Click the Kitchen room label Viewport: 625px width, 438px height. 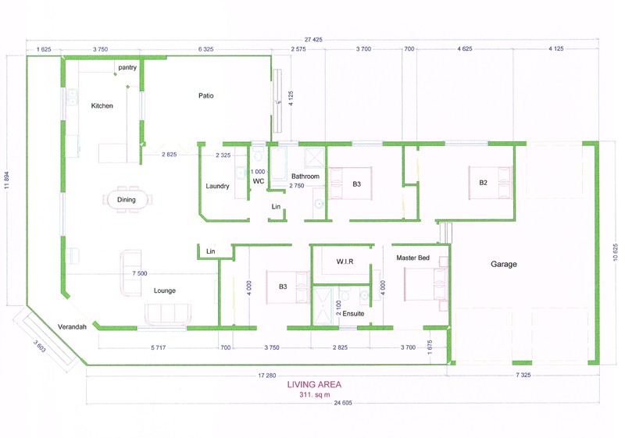(102, 105)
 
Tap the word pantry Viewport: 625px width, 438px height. (127, 68)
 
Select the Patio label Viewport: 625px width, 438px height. (206, 95)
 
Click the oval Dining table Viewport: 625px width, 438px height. (127, 200)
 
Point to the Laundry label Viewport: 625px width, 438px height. (217, 186)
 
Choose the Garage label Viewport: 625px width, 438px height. (504, 264)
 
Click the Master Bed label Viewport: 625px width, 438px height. (413, 258)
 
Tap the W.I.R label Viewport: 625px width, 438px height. (345, 262)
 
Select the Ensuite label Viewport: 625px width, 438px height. (353, 314)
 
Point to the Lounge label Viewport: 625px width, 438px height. (165, 290)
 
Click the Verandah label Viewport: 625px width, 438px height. (72, 327)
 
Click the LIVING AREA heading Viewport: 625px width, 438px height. (314, 385)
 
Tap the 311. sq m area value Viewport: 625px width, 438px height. (315, 395)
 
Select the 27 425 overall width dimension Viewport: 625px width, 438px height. (313, 39)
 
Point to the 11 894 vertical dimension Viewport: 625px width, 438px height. (6, 181)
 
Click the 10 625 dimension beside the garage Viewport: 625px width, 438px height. (616, 252)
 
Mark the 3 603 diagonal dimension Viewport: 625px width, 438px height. (40, 346)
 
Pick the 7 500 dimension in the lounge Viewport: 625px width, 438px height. (140, 273)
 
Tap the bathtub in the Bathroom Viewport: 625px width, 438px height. (278, 164)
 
